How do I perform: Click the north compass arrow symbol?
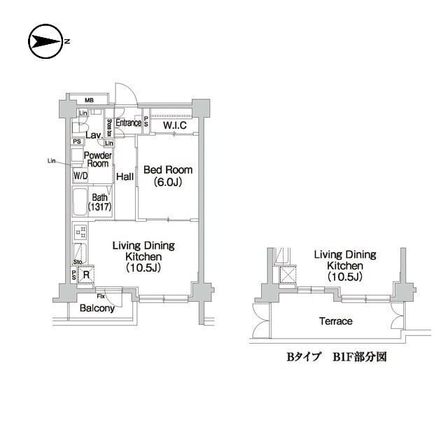tap(46, 41)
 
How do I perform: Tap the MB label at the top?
tap(90, 99)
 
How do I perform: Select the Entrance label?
tap(128, 123)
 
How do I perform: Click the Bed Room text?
tap(167, 170)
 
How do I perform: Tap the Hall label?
tap(125, 177)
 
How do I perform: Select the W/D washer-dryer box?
tap(80, 176)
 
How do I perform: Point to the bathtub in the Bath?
tap(80, 202)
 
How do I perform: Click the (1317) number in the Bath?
tap(100, 208)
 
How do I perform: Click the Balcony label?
tap(97, 308)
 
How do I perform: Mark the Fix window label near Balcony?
tap(101, 297)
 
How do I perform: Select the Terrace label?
tap(335, 321)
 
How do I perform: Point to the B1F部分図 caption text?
tap(358, 356)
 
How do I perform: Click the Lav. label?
tap(92, 134)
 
